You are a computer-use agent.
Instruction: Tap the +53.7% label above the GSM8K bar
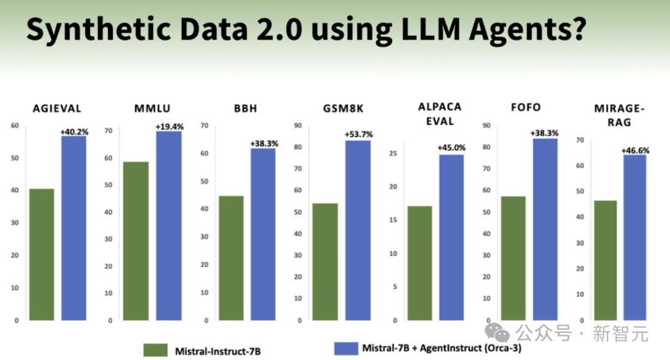(x=359, y=135)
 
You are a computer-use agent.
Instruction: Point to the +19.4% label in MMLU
(x=169, y=127)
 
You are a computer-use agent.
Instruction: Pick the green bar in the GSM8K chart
(x=325, y=262)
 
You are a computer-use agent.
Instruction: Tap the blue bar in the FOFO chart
(x=545, y=230)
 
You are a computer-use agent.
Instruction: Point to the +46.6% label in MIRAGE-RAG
(x=635, y=150)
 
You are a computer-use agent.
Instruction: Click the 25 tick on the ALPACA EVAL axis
(x=392, y=153)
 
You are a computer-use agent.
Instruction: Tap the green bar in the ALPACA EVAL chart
(x=419, y=263)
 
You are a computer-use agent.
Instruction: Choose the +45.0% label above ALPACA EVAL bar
(x=452, y=148)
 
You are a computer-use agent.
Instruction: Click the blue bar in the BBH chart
(x=263, y=235)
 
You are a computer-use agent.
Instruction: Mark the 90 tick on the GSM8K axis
(x=298, y=126)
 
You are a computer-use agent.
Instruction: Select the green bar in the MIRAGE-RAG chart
(x=605, y=261)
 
